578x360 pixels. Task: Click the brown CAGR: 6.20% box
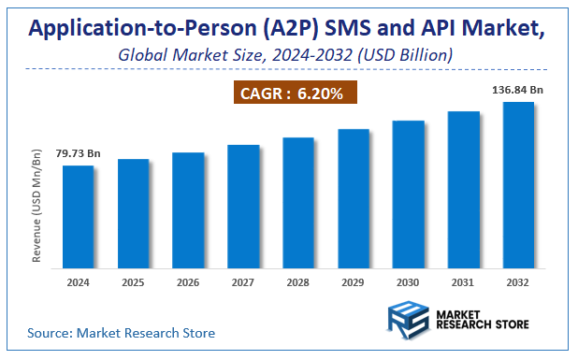[295, 94]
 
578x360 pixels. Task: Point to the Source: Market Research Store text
[121, 332]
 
